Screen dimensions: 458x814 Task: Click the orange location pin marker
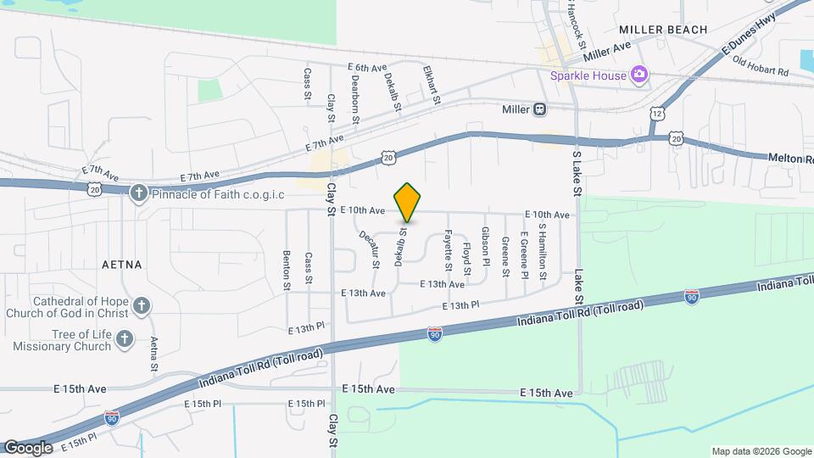click(407, 202)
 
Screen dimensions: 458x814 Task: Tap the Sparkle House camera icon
click(639, 75)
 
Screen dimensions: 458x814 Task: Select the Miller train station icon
click(539, 109)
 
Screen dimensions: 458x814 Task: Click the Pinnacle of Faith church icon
click(138, 194)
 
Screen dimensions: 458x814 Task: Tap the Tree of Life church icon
click(125, 340)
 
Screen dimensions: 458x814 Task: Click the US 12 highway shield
click(658, 113)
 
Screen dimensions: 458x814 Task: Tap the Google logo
click(28, 447)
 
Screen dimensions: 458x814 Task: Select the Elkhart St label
click(432, 87)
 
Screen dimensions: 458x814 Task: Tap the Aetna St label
click(154, 354)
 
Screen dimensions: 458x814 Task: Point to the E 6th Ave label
click(367, 67)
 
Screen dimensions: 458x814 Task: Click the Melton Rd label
click(790, 159)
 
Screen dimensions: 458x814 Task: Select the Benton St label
click(287, 270)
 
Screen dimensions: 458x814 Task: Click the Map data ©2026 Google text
click(760, 450)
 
